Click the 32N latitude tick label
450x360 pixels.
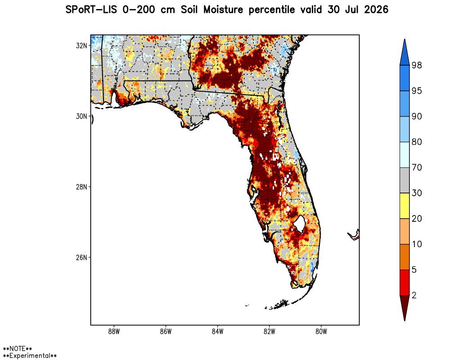pyautogui.click(x=81, y=45)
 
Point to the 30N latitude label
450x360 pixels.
pyautogui.click(x=81, y=116)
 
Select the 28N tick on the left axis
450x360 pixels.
pyautogui.click(x=81, y=187)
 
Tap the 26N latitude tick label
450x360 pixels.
pyautogui.click(x=81, y=257)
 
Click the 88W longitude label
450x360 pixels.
pyautogui.click(x=114, y=332)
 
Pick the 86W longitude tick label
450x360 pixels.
pyautogui.click(x=166, y=332)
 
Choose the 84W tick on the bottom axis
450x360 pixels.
pyautogui.click(x=217, y=332)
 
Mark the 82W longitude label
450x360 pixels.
pyautogui.click(x=270, y=332)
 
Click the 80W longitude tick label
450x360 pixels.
pyautogui.click(x=321, y=332)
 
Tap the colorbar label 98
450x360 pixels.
pyautogui.click(x=417, y=65)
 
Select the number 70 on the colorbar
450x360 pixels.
pyautogui.click(x=417, y=167)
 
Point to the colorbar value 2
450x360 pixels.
pyautogui.click(x=414, y=295)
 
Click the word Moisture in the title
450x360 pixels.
pyautogui.click(x=223, y=10)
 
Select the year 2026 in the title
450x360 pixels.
pyautogui.click(x=376, y=10)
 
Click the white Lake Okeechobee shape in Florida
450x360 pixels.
pyautogui.click(x=299, y=223)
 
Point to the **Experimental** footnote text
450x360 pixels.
pyautogui.click(x=30, y=355)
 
